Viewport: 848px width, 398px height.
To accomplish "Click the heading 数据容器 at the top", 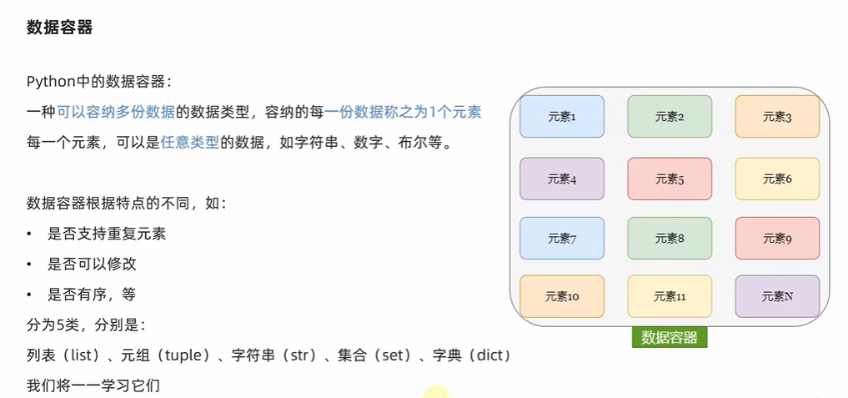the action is click(x=59, y=28).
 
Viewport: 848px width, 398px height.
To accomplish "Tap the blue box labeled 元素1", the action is click(x=562, y=117).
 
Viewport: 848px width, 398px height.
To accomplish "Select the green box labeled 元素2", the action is click(x=670, y=117).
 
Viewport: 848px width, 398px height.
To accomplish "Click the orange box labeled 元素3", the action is click(x=777, y=117).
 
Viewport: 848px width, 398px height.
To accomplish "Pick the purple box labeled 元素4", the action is click(x=562, y=179).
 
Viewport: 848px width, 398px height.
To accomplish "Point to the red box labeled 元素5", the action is click(x=670, y=179).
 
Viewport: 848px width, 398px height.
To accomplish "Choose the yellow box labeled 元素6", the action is click(x=777, y=179).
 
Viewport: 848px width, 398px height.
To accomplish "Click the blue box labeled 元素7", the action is click(x=562, y=239).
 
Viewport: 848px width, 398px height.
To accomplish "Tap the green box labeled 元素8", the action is click(x=670, y=239).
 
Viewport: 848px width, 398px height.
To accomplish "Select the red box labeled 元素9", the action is click(x=777, y=239).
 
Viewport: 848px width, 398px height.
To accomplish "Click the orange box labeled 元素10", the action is click(x=562, y=296).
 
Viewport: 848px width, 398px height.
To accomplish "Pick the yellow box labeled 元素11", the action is click(x=670, y=296).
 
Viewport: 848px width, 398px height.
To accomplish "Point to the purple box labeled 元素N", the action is click(x=777, y=296).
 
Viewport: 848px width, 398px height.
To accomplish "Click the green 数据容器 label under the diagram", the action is click(x=670, y=337).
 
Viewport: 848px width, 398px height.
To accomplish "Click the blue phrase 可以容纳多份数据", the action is click(x=116, y=112).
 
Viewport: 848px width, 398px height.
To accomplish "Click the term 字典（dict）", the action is click(x=471, y=356).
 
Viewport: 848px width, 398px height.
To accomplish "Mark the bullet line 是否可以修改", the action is click(x=93, y=264).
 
